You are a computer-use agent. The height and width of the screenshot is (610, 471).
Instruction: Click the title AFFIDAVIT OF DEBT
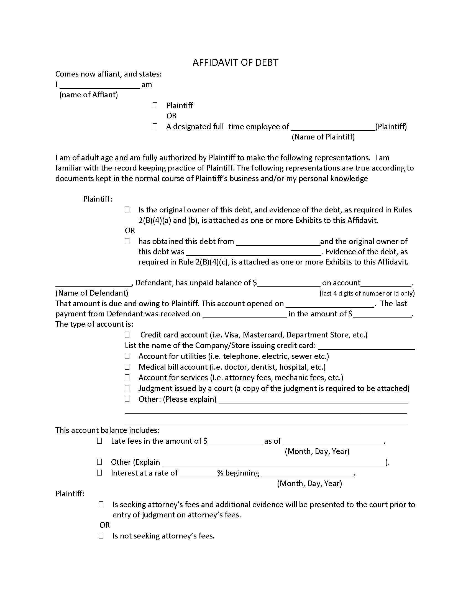pyautogui.click(x=235, y=62)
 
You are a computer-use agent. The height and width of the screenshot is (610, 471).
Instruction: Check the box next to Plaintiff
pyautogui.click(x=155, y=105)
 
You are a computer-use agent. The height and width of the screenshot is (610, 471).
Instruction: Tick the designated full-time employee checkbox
pyautogui.click(x=155, y=126)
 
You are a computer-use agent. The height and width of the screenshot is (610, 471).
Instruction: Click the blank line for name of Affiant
pyautogui.click(x=100, y=85)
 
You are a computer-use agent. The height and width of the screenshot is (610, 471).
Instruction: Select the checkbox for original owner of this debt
pyautogui.click(x=127, y=209)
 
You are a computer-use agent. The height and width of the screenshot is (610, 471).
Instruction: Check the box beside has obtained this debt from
pyautogui.click(x=127, y=241)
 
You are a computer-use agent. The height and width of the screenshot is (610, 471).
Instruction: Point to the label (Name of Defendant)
pyautogui.click(x=92, y=293)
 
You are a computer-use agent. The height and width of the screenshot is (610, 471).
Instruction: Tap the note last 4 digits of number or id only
pyautogui.click(x=367, y=293)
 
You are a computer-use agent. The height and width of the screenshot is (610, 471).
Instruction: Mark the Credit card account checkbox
pyautogui.click(x=127, y=334)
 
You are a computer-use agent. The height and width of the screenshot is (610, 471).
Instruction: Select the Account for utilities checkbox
pyautogui.click(x=127, y=356)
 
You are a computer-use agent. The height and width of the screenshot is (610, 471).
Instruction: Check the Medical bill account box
pyautogui.click(x=127, y=367)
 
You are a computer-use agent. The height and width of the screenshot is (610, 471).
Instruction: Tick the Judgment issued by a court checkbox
pyautogui.click(x=127, y=388)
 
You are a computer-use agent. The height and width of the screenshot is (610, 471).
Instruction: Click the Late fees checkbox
pyautogui.click(x=100, y=441)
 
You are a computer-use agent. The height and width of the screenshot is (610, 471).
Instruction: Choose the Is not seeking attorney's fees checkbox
pyautogui.click(x=101, y=535)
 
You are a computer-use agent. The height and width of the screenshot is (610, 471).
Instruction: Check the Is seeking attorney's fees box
pyautogui.click(x=101, y=504)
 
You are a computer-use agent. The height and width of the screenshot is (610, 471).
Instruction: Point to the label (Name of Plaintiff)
pyautogui.click(x=323, y=137)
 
